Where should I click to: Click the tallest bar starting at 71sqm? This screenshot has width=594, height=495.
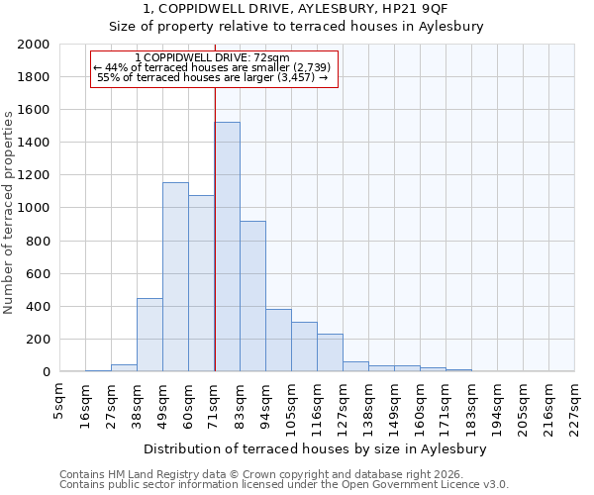227,247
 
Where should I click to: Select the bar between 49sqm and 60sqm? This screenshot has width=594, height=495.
175,277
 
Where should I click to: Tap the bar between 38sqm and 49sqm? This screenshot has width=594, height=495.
149,335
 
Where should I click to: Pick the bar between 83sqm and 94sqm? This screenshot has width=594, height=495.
252,296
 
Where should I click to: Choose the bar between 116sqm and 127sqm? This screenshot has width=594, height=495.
330,352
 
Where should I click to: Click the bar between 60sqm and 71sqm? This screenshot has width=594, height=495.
201,283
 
